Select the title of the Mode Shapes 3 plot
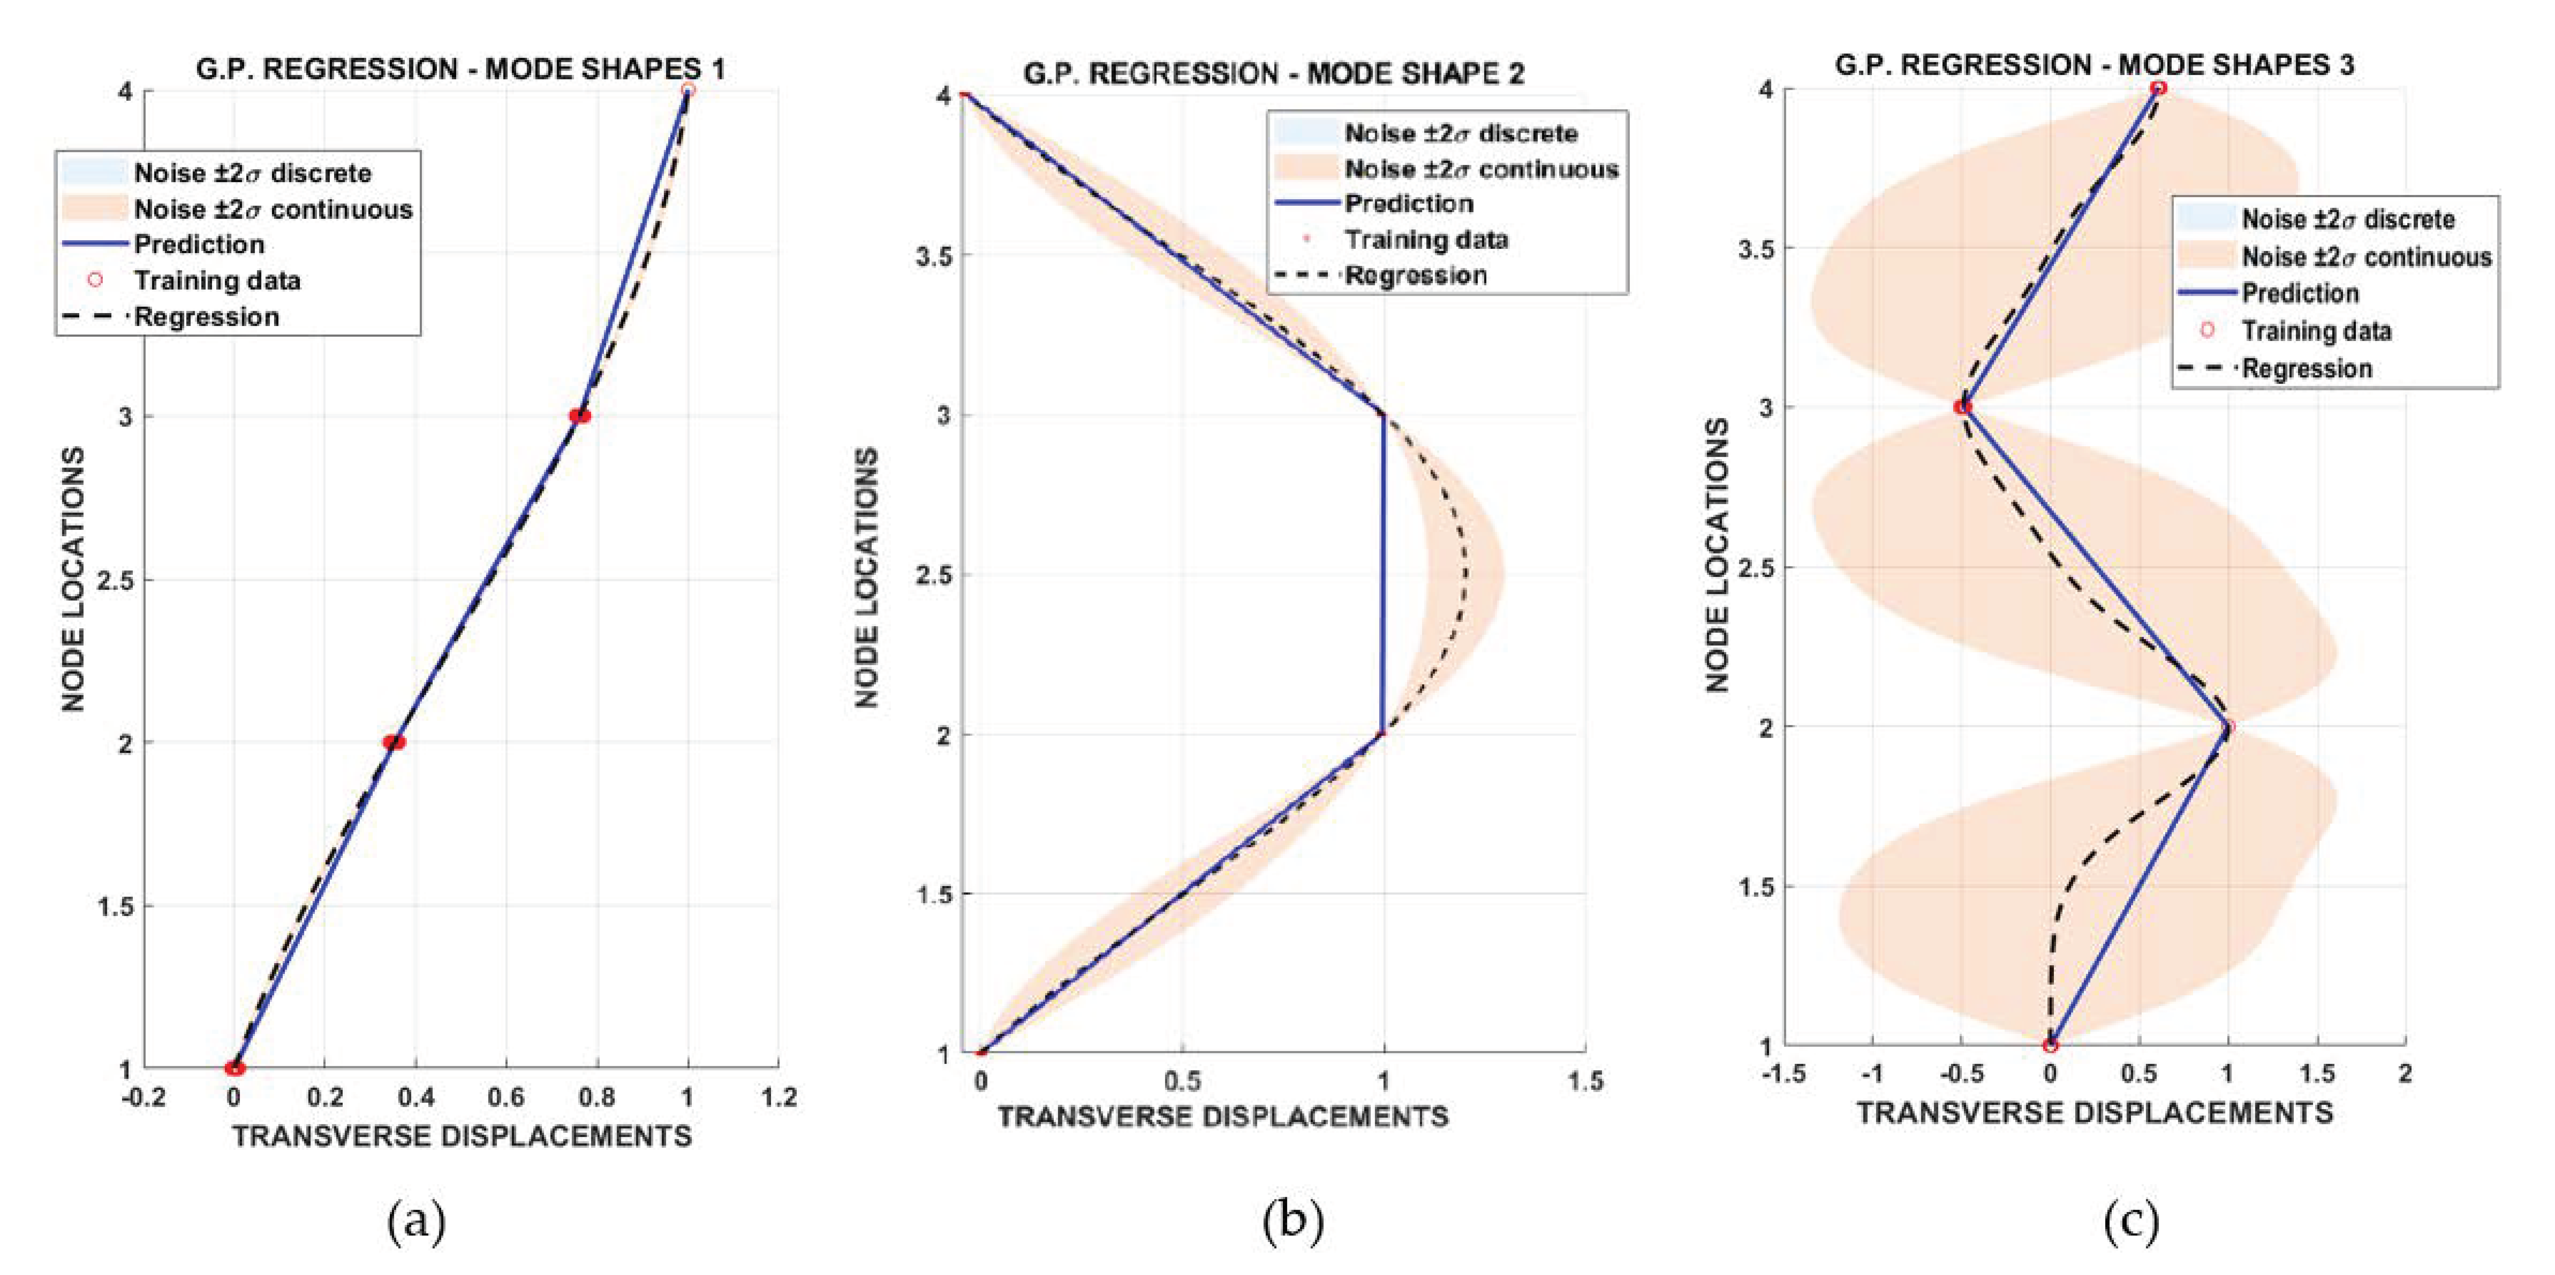pyautogui.click(x=2094, y=66)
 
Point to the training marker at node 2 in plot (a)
pyautogui.click(x=394, y=742)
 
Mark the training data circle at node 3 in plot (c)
pyautogui.click(x=1962, y=407)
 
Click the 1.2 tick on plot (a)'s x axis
pyautogui.click(x=779, y=1097)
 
